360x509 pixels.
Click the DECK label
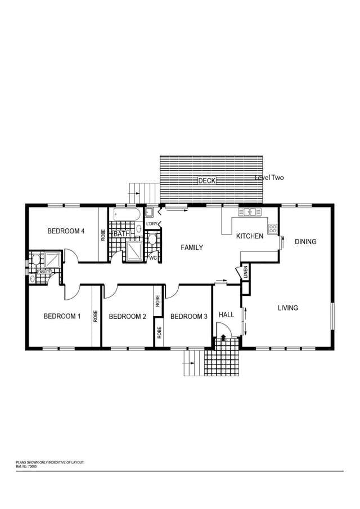[x=207, y=181]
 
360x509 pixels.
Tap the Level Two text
[x=269, y=178]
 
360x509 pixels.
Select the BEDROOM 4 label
[x=66, y=231]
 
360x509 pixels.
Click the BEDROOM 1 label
[x=62, y=316]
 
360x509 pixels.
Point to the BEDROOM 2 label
[x=127, y=317]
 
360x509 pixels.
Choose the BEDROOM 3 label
[x=188, y=317]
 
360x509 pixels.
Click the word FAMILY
[x=192, y=247]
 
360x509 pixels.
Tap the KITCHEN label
[x=250, y=236]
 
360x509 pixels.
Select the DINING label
[x=305, y=241]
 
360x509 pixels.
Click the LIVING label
[x=288, y=308]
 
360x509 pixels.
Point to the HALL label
[x=226, y=314]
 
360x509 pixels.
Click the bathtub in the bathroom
[x=127, y=215]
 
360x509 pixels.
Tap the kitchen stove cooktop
[x=273, y=228]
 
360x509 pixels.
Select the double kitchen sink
[x=250, y=212]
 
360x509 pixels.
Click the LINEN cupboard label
[x=245, y=272]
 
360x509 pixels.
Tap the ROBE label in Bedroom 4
[x=103, y=235]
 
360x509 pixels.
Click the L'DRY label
[x=152, y=224]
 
